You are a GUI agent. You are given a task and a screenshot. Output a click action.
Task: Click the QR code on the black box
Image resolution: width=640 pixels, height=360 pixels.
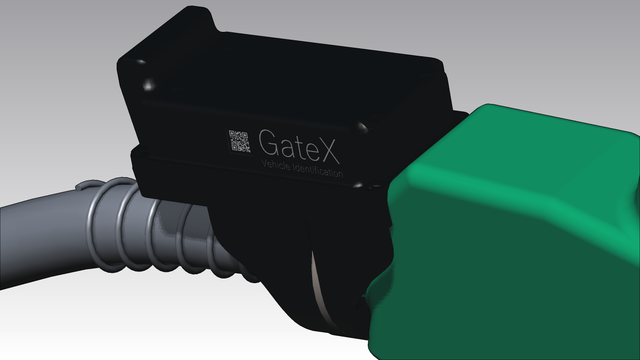tap(239, 141)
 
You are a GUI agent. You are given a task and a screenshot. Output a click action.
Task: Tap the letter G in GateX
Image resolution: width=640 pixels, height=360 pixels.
tap(269, 143)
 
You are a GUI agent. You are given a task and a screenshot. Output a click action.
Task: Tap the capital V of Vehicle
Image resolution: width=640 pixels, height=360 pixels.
tap(263, 164)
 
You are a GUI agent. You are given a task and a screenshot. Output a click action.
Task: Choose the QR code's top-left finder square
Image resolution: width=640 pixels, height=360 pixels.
tap(231, 134)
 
